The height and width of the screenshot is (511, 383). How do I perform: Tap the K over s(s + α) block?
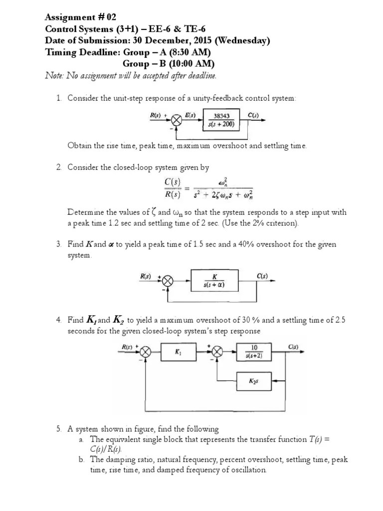[x=214, y=281]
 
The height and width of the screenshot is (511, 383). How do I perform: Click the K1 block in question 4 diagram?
[x=178, y=353]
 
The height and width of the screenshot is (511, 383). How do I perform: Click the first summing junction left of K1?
[x=145, y=353]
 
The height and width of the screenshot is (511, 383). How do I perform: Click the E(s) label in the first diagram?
[x=191, y=115]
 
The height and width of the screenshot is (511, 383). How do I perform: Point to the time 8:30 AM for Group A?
[x=191, y=52]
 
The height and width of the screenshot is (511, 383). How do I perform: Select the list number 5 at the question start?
[x=58, y=429]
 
